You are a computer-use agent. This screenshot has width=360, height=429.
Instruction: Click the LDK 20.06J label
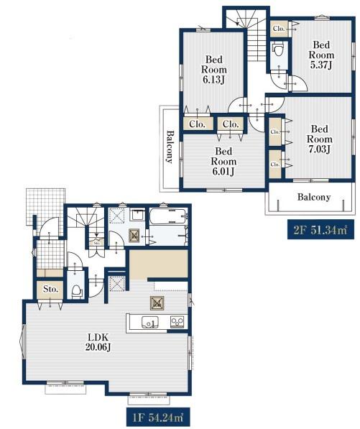[x=98, y=342]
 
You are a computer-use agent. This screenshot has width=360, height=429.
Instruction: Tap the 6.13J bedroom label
[x=214, y=70]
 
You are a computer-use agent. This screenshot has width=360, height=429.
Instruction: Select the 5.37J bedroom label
[x=321, y=55]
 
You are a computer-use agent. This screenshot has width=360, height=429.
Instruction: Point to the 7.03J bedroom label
[x=320, y=139]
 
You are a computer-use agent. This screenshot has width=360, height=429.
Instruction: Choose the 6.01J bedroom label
[x=223, y=161]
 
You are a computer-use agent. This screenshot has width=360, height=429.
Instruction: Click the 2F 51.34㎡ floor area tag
[x=320, y=229]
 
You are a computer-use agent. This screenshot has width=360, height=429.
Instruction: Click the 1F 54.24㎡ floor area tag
[x=159, y=418]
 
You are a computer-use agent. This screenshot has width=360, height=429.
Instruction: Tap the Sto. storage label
[x=50, y=289]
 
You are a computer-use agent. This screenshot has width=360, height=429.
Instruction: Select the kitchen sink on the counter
[x=150, y=322]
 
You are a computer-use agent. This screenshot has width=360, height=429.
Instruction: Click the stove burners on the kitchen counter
[x=177, y=322]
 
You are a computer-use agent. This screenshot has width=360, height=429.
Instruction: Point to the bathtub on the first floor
[x=169, y=216]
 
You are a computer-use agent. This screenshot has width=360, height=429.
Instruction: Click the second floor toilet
[x=278, y=50]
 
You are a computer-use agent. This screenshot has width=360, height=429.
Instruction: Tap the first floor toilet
[x=77, y=292]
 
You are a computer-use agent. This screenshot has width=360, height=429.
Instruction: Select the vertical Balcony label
[x=170, y=147]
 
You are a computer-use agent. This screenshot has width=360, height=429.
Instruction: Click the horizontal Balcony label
[x=314, y=197]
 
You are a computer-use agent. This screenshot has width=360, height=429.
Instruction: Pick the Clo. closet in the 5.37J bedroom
[x=279, y=28]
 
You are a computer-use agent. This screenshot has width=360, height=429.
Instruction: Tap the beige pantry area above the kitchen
[x=158, y=264]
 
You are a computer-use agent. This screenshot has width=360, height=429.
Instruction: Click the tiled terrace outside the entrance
[x=47, y=206]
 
